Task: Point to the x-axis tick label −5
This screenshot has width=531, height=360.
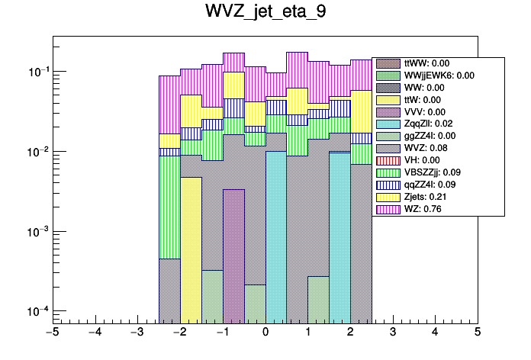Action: click(52, 333)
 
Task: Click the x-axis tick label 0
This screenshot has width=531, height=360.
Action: click(265, 333)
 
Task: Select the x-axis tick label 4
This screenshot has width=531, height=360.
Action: click(435, 333)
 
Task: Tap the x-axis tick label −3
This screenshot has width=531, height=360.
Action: click(137, 333)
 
